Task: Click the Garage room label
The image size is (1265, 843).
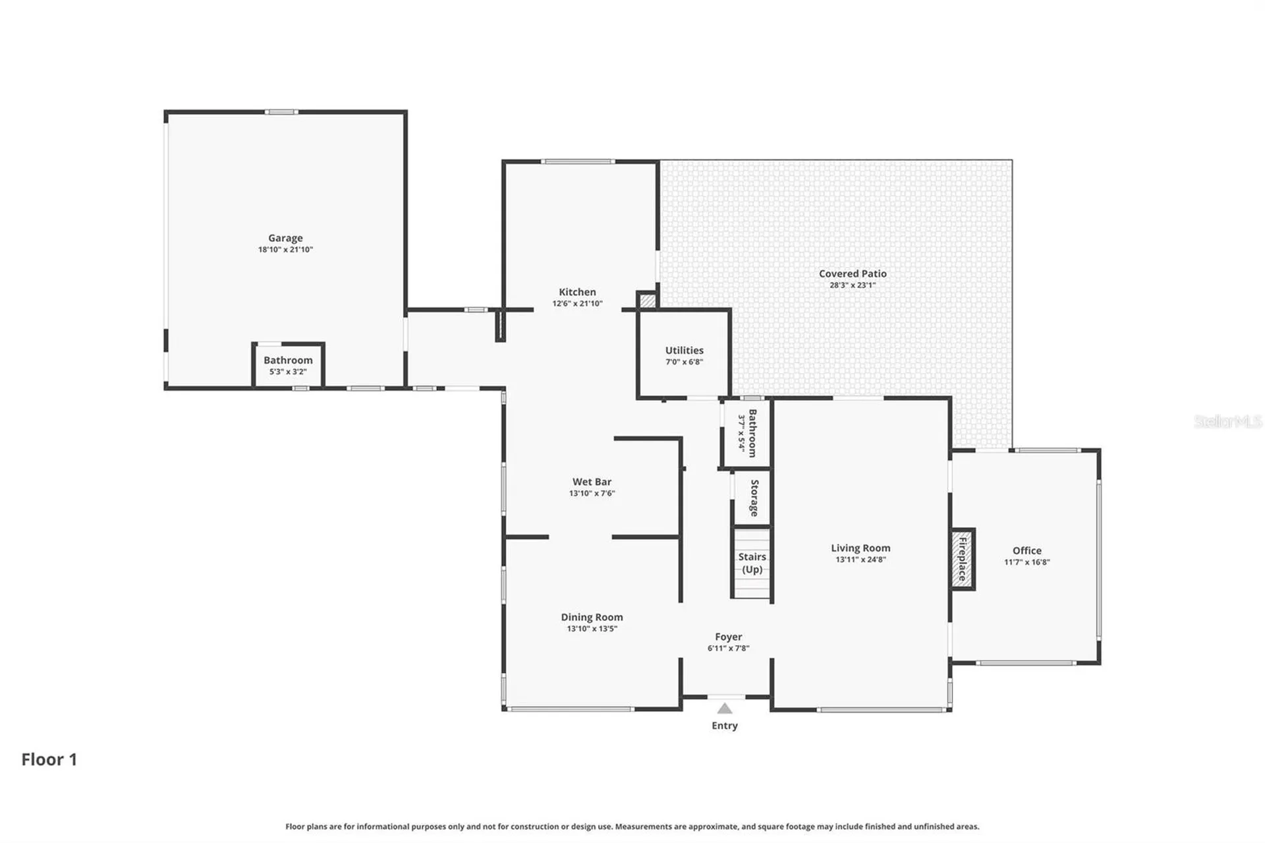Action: [x=285, y=238]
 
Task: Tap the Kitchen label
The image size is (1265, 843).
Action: [x=577, y=292]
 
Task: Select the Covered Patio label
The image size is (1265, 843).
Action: [x=853, y=274]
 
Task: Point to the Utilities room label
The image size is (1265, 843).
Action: [x=684, y=350]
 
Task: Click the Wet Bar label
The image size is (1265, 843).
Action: [x=592, y=482]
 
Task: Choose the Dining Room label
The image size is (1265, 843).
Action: [x=592, y=618]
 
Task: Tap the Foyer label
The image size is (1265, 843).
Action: [x=728, y=637]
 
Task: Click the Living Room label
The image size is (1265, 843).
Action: [x=860, y=548]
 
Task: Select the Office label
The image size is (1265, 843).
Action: [x=1026, y=550]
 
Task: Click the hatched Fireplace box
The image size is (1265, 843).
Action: [x=963, y=559]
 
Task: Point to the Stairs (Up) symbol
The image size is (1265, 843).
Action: [x=752, y=563]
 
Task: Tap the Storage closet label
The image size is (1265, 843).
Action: [x=754, y=498]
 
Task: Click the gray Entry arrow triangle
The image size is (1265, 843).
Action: [x=725, y=709]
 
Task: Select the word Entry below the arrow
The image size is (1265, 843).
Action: [x=725, y=726]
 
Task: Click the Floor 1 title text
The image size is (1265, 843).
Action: [x=49, y=759]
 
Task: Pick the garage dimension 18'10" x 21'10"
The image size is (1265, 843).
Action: [x=285, y=250]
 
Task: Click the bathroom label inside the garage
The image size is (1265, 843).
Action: [x=288, y=360]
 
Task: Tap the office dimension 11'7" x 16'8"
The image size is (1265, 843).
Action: [x=1026, y=562]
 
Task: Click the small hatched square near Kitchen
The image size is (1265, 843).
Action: [x=648, y=301]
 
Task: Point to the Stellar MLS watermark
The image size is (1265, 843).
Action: [x=1227, y=421]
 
